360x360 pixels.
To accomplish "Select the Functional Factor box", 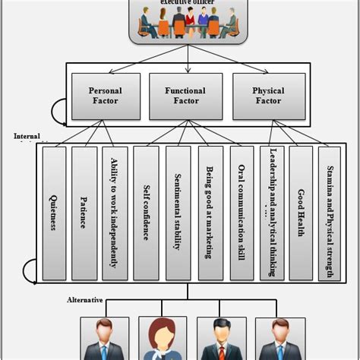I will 185,96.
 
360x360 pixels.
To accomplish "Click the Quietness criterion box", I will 53,212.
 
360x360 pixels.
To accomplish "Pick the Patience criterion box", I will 84,212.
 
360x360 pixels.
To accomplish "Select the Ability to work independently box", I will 115,212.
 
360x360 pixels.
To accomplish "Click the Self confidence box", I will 145,212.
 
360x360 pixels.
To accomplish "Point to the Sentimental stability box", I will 178,212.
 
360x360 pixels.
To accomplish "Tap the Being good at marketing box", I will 210,212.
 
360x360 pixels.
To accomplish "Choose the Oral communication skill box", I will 241,212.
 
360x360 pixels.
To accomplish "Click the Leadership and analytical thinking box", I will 271,212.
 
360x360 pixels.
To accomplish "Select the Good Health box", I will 301,212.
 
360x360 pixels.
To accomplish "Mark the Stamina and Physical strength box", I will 330,212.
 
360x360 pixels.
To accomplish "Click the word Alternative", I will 83,300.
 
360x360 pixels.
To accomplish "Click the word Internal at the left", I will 27,136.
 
